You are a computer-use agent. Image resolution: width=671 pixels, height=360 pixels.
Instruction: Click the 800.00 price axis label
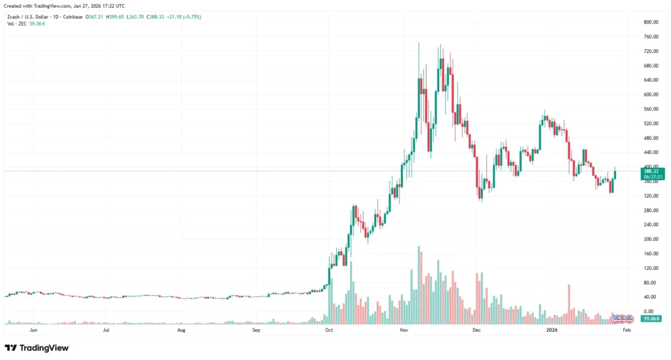point(651,22)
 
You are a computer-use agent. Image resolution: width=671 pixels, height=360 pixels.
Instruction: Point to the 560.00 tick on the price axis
point(651,109)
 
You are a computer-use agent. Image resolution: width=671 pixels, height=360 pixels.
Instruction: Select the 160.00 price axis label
point(651,254)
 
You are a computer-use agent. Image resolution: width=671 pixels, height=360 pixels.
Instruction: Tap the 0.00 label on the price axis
point(649,311)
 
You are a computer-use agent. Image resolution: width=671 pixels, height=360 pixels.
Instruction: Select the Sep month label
point(257,331)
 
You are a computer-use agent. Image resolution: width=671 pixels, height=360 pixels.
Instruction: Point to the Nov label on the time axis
point(404,331)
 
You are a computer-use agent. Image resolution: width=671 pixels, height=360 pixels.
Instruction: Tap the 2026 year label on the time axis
point(551,331)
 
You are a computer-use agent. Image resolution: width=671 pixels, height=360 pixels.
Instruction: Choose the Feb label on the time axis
point(626,331)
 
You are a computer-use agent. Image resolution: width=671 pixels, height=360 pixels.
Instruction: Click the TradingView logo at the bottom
point(37,348)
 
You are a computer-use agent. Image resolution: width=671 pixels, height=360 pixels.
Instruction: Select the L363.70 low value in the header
point(138,16)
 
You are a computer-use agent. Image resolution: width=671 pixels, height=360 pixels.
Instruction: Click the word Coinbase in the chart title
point(72,16)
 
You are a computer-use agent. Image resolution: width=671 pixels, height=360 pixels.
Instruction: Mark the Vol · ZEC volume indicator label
point(16,24)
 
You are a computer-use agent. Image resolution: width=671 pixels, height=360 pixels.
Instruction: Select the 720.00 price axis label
point(651,51)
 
